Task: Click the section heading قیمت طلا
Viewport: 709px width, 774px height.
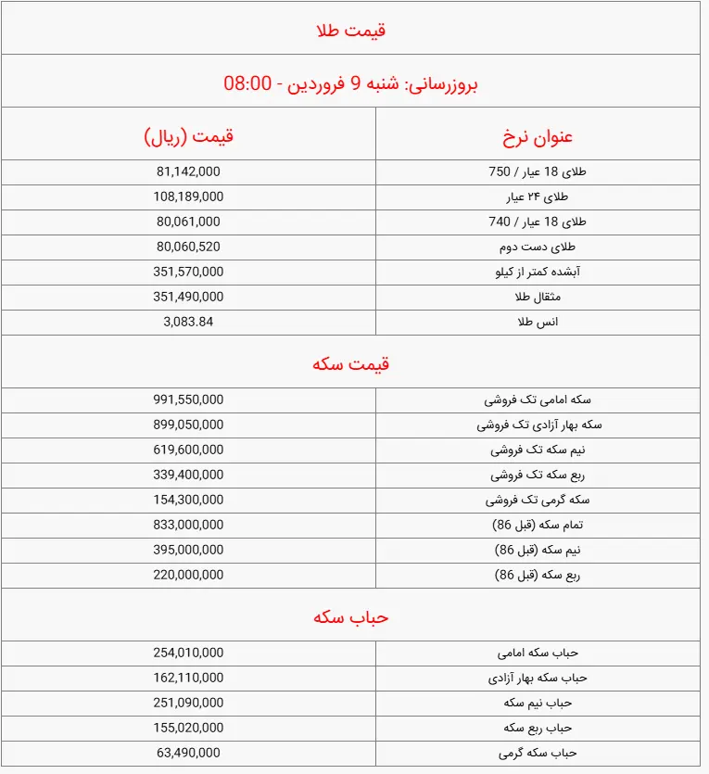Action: pyautogui.click(x=350, y=31)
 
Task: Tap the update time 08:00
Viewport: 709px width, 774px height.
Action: pyautogui.click(x=247, y=83)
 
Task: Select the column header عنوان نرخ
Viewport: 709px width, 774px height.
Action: pyautogui.click(x=538, y=137)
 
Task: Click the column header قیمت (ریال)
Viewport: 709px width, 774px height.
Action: pyautogui.click(x=189, y=137)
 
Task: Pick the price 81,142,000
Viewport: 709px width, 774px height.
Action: pyautogui.click(x=188, y=171)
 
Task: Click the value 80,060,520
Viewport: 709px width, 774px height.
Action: pyautogui.click(x=188, y=247)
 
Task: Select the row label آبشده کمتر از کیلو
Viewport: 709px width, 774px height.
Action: pyautogui.click(x=537, y=272)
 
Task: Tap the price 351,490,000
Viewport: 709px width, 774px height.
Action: pyautogui.click(x=188, y=297)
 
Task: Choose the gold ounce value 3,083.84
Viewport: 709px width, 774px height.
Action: pyautogui.click(x=188, y=322)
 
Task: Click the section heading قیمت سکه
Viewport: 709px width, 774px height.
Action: pyautogui.click(x=350, y=363)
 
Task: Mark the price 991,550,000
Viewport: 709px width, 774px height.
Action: pyautogui.click(x=188, y=400)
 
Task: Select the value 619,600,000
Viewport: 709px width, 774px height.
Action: pyautogui.click(x=188, y=450)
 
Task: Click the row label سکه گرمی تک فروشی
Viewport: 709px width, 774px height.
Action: pyautogui.click(x=538, y=500)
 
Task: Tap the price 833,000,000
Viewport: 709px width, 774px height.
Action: pyautogui.click(x=188, y=525)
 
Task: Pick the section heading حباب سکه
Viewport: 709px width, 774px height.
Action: pyautogui.click(x=350, y=616)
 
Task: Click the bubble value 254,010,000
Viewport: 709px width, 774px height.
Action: pyautogui.click(x=188, y=653)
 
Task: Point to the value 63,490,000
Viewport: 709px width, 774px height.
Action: pyautogui.click(x=188, y=753)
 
